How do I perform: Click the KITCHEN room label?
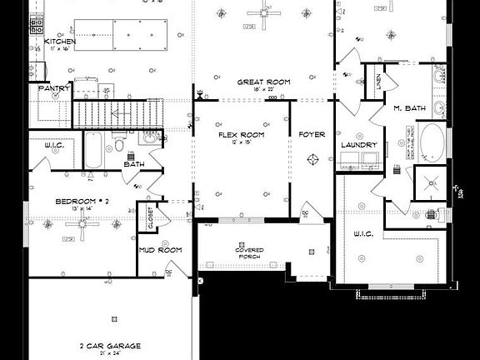tap(60, 41)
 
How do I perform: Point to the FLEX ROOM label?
tap(241, 134)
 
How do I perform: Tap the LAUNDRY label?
tap(359, 145)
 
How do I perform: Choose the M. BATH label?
tap(410, 109)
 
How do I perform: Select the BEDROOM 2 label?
tap(82, 201)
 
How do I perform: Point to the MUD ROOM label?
tap(160, 249)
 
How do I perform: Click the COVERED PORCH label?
tap(248, 252)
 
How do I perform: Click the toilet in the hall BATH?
tap(120, 147)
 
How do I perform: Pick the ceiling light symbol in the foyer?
tap(312, 160)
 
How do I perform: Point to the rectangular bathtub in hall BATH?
tap(94, 151)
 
